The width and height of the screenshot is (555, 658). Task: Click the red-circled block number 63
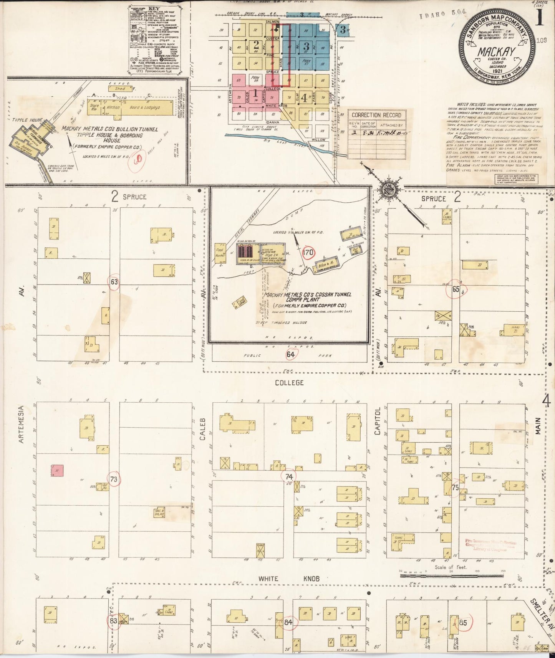(x=114, y=282)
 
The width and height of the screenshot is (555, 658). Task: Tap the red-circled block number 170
(x=308, y=253)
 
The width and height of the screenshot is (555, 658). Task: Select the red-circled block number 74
(x=289, y=476)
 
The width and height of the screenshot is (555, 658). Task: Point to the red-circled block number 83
(x=113, y=621)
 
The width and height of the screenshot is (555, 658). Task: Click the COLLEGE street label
(x=289, y=383)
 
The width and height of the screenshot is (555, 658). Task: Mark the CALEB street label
(x=202, y=429)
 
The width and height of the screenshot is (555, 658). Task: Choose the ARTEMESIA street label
(x=22, y=425)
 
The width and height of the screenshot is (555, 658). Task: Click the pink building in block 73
(x=57, y=471)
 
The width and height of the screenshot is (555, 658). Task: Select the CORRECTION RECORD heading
(x=376, y=115)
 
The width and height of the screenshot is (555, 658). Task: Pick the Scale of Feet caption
(x=451, y=567)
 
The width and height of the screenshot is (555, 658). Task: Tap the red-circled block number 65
(x=456, y=289)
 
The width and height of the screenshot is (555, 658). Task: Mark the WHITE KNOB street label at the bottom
(x=288, y=579)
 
